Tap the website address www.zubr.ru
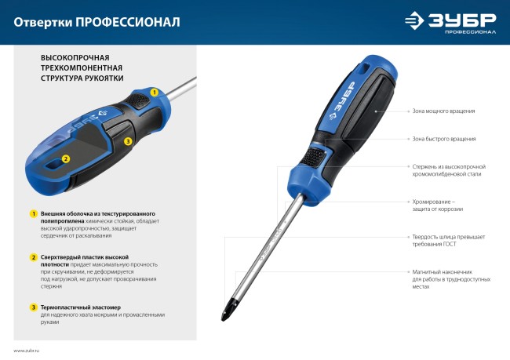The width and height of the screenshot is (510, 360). click(x=27, y=351)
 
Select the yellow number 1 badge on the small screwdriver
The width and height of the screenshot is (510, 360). click(x=155, y=93)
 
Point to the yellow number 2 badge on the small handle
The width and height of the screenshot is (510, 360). click(x=66, y=158)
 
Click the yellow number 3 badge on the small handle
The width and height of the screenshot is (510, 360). click(x=128, y=141)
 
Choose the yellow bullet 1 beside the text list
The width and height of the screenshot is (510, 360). click(x=34, y=213)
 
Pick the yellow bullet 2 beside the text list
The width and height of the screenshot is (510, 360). click(x=34, y=257)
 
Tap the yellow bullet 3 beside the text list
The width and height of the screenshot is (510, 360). click(x=34, y=307)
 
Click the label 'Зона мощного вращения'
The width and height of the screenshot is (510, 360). click(x=443, y=111)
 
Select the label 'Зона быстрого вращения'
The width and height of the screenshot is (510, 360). click(x=443, y=139)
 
